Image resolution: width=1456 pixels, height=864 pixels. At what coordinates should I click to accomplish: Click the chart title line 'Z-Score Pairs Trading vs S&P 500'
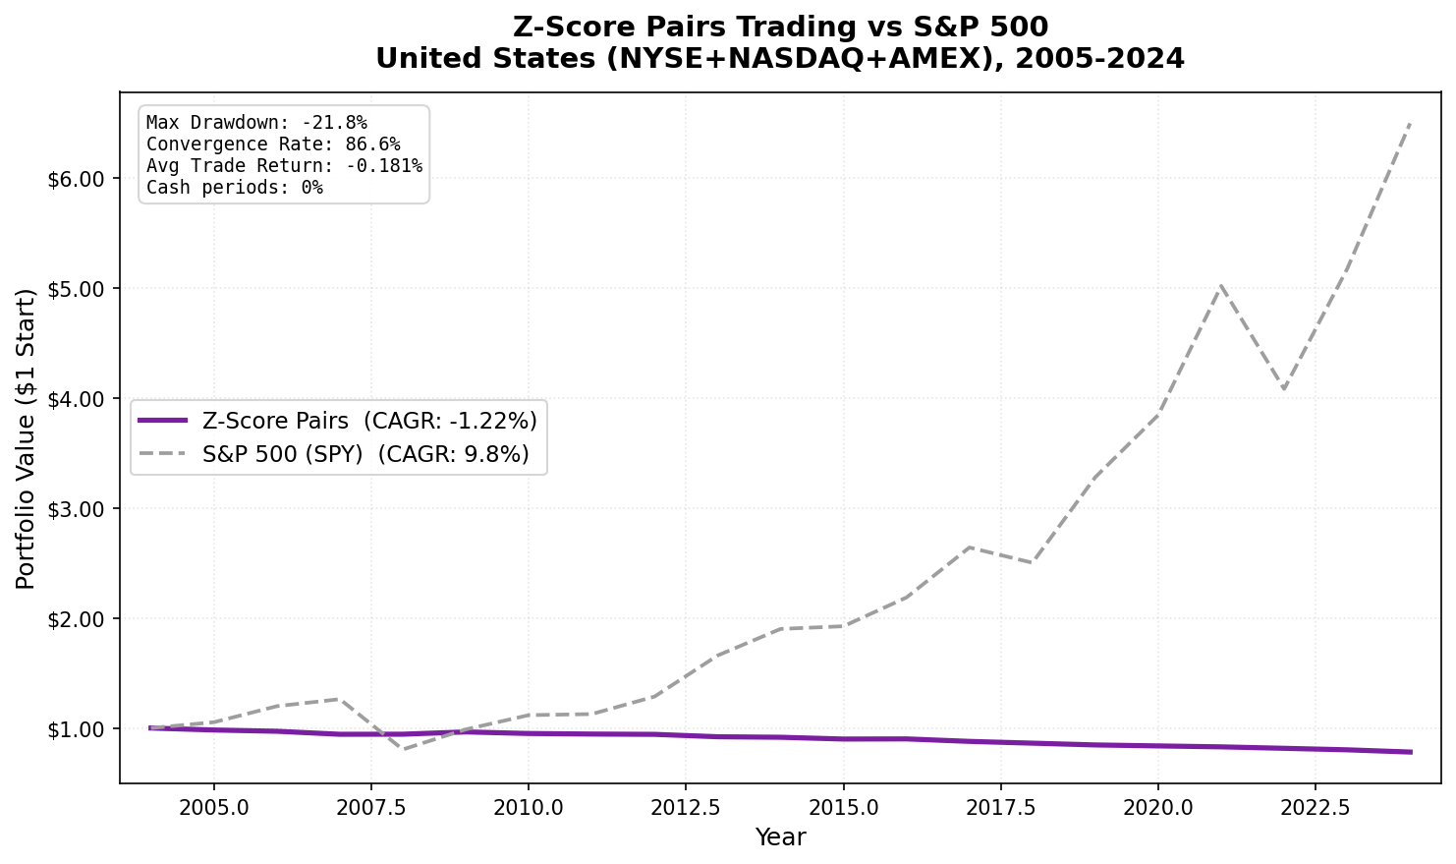pos(780,27)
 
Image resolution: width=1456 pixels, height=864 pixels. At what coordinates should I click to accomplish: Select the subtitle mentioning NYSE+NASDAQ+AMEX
pos(780,59)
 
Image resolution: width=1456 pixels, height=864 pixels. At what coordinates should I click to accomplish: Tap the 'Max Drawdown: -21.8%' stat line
pos(256,123)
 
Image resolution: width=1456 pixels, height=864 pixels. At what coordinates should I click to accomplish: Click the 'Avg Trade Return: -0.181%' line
pos(284,166)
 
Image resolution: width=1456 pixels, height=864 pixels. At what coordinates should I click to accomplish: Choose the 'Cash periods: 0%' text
pos(234,188)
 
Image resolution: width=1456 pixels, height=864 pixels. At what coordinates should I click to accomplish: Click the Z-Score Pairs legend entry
pos(339,421)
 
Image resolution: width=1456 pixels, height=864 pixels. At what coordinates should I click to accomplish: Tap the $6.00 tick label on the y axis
pos(76,179)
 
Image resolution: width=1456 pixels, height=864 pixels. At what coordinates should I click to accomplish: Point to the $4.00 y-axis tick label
pos(76,399)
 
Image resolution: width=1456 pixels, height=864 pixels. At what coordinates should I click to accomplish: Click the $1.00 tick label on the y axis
pos(76,729)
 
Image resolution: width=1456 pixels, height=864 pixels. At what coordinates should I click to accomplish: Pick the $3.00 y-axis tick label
pos(76,509)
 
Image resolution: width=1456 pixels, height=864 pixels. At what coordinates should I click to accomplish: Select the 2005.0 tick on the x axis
pos(213,807)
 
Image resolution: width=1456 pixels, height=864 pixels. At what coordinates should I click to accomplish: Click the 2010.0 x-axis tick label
pos(528,807)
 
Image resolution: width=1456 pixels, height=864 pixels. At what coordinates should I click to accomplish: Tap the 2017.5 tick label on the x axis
pos(999,807)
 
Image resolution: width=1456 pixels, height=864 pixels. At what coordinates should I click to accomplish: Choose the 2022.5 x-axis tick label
pos(1314,807)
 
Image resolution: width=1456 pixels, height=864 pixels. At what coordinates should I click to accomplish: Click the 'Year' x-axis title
pos(780,837)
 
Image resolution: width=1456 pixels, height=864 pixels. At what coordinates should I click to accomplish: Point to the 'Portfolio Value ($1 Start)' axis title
pos(27,438)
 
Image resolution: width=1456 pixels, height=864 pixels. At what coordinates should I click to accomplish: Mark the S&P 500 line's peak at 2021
pos(1220,285)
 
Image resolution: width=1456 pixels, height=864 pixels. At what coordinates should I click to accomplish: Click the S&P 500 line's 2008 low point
pos(402,750)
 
